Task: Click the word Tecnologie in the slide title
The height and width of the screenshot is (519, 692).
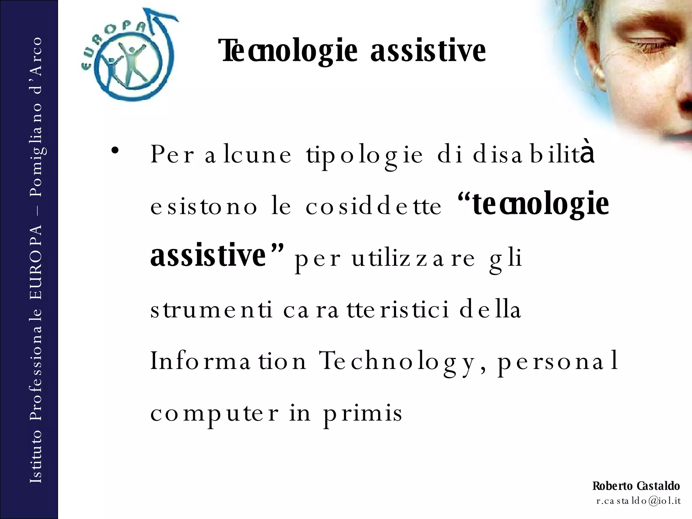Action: (x=288, y=51)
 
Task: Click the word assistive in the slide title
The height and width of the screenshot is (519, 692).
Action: (x=428, y=51)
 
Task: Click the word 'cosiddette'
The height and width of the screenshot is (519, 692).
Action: (x=373, y=206)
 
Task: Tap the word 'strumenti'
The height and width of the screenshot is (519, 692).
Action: (x=212, y=310)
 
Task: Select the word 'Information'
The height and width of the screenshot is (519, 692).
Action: (x=228, y=361)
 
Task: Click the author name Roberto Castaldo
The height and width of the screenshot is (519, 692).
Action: (x=636, y=486)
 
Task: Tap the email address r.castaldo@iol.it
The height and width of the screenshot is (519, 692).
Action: (x=638, y=501)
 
